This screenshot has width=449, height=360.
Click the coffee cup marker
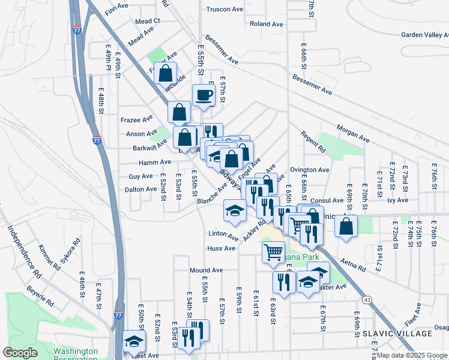pos(203,95)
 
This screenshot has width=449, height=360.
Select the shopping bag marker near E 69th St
pos(346,226)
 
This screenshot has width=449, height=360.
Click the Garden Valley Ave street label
pos(424,35)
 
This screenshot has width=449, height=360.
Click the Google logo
pos(20,352)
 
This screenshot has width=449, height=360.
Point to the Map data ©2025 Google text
pos(412,355)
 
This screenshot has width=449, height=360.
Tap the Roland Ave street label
pos(267,24)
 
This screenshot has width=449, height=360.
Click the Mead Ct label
pos(148,21)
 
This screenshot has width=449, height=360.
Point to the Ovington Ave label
pos(310,170)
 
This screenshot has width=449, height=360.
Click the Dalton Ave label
pos(140,189)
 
